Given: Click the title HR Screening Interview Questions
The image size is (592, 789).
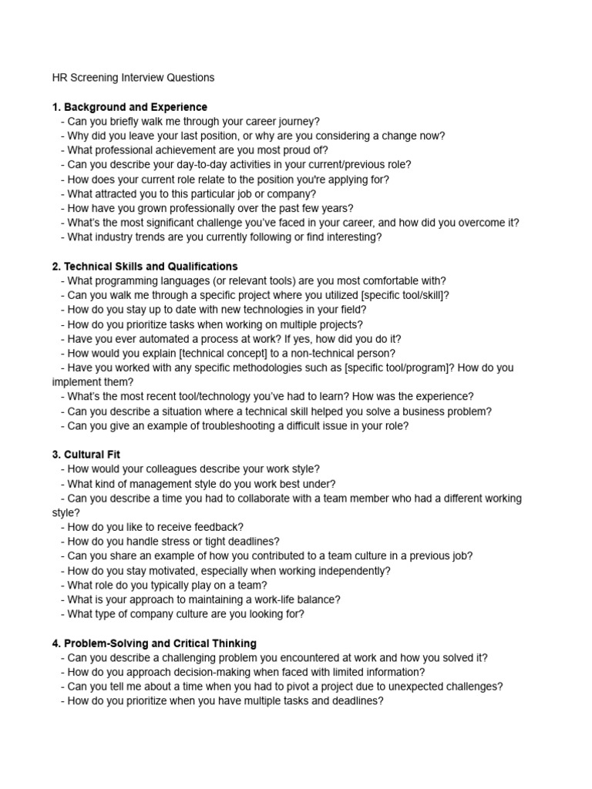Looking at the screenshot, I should click(x=133, y=78).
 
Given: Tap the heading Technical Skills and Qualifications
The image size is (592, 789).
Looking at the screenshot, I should click(x=145, y=267).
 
